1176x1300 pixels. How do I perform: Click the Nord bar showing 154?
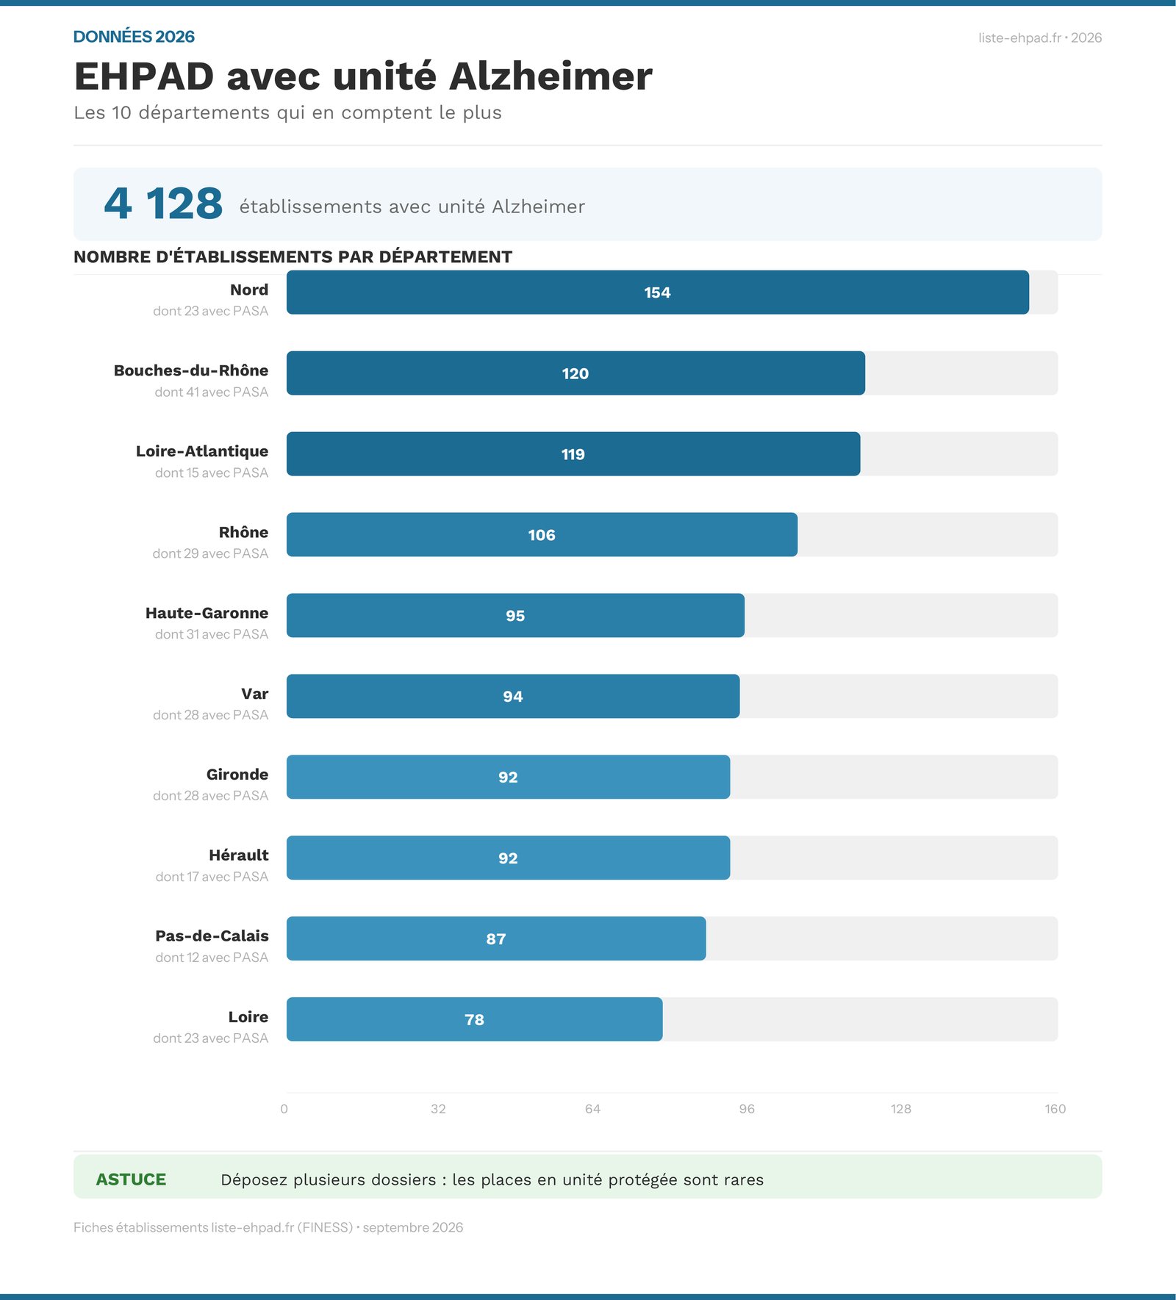(x=658, y=292)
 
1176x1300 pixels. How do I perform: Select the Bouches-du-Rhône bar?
(x=576, y=373)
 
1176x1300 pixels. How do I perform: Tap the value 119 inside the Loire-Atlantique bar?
(x=573, y=454)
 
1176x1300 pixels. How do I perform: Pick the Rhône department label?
(x=243, y=532)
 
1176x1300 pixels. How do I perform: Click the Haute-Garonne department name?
(x=207, y=613)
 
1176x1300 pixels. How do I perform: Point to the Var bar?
(x=513, y=696)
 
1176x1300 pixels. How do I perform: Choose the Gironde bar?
(x=509, y=777)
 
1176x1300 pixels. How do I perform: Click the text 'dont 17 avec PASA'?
(x=212, y=877)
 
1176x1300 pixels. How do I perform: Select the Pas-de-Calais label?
(x=212, y=936)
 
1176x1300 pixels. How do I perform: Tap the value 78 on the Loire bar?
(x=475, y=1020)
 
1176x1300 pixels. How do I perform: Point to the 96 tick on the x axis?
(x=747, y=1109)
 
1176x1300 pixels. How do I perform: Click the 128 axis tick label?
(x=901, y=1109)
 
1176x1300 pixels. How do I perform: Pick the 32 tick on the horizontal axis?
(x=438, y=1109)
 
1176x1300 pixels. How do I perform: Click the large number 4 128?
(x=163, y=204)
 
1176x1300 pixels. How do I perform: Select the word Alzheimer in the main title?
(x=551, y=76)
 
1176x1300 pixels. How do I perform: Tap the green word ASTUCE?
(x=131, y=1179)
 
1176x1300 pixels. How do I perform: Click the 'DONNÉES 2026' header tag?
(x=134, y=37)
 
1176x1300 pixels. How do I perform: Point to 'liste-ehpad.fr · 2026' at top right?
(x=1040, y=38)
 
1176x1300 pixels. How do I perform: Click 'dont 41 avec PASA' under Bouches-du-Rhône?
(x=212, y=392)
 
